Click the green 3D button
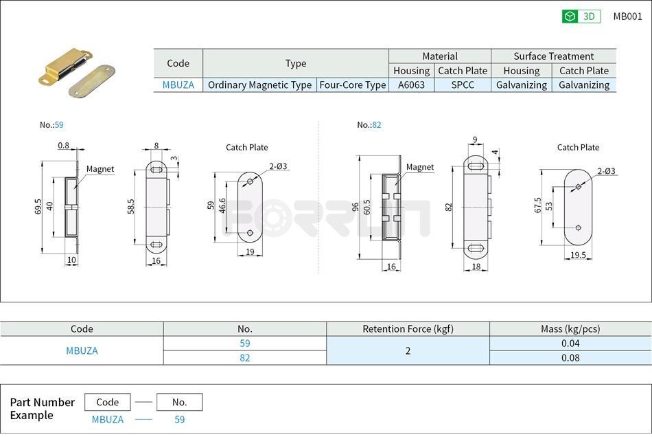pyautogui.click(x=581, y=16)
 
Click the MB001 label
pyautogui.click(x=627, y=16)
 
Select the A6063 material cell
pyautogui.click(x=411, y=85)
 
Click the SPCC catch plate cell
pyautogui.click(x=463, y=85)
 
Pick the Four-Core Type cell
pyautogui.click(x=353, y=85)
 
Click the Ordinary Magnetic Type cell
pyautogui.click(x=259, y=85)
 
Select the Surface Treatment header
pyautogui.click(x=553, y=56)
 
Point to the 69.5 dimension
pyautogui.click(x=38, y=207)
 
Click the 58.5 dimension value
pyautogui.click(x=131, y=207)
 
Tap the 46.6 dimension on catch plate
pyautogui.click(x=222, y=206)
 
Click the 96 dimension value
pyautogui.click(x=356, y=207)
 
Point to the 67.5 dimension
pyautogui.click(x=538, y=205)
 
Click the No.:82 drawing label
pyautogui.click(x=369, y=125)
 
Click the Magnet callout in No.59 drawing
pyautogui.click(x=100, y=169)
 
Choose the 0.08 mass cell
pyautogui.click(x=570, y=357)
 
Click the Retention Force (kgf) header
pyautogui.click(x=408, y=329)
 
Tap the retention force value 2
pyautogui.click(x=408, y=350)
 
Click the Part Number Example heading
pyautogui.click(x=42, y=409)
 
